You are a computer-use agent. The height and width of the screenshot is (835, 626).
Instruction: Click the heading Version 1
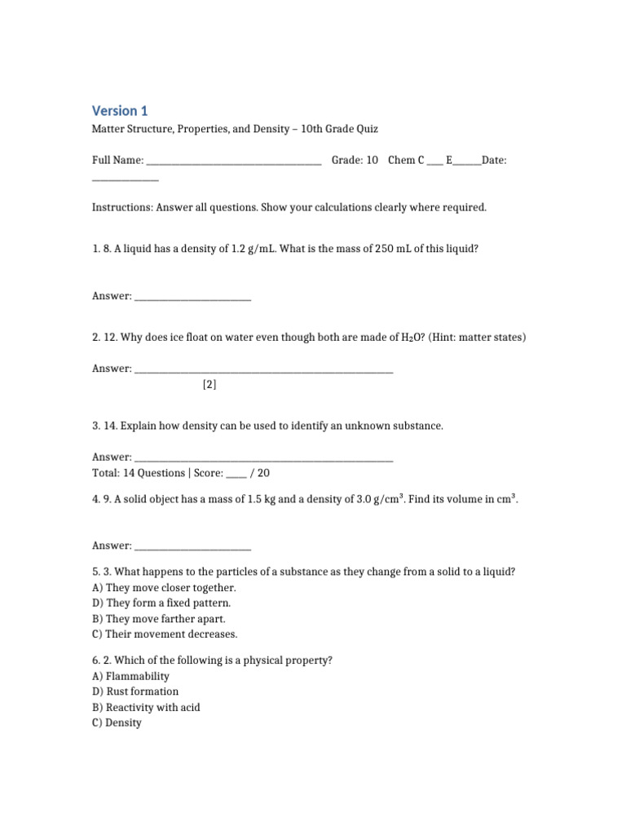tap(120, 111)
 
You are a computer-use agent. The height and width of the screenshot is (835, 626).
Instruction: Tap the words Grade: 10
tap(355, 161)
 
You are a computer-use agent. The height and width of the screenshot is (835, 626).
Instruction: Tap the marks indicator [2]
tap(209, 385)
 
